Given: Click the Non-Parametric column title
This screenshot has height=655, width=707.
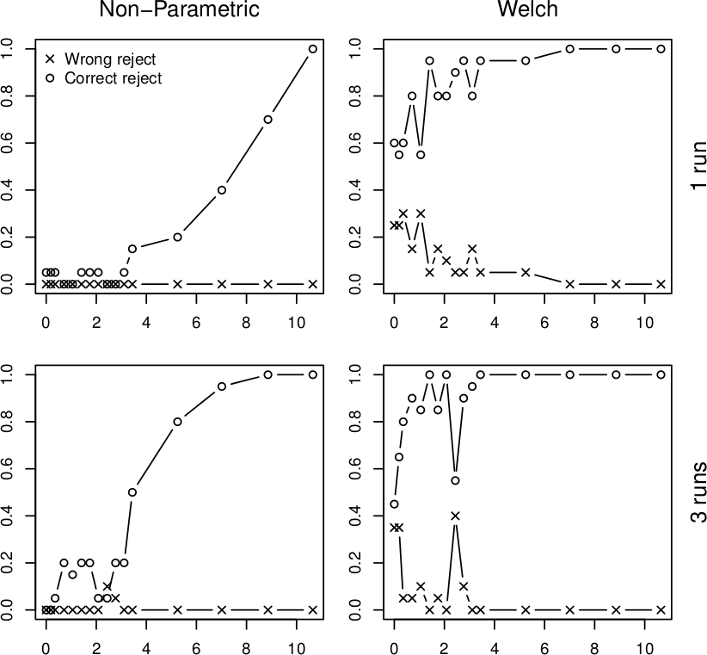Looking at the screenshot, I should [179, 10].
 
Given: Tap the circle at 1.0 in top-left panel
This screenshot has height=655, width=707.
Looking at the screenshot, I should [312, 49].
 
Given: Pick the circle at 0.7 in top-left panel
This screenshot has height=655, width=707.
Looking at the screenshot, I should [267, 120].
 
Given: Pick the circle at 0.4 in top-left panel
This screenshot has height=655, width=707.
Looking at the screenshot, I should [221, 190].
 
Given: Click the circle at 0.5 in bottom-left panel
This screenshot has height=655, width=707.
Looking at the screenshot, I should [132, 492].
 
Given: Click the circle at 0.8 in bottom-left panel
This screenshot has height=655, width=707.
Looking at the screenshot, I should [177, 422].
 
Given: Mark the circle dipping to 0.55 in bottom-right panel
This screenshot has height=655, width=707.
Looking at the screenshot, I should [455, 480].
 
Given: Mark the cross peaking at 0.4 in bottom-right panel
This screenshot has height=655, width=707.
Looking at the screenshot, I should [455, 516].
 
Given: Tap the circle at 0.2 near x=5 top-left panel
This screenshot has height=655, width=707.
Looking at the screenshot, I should [177, 237].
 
